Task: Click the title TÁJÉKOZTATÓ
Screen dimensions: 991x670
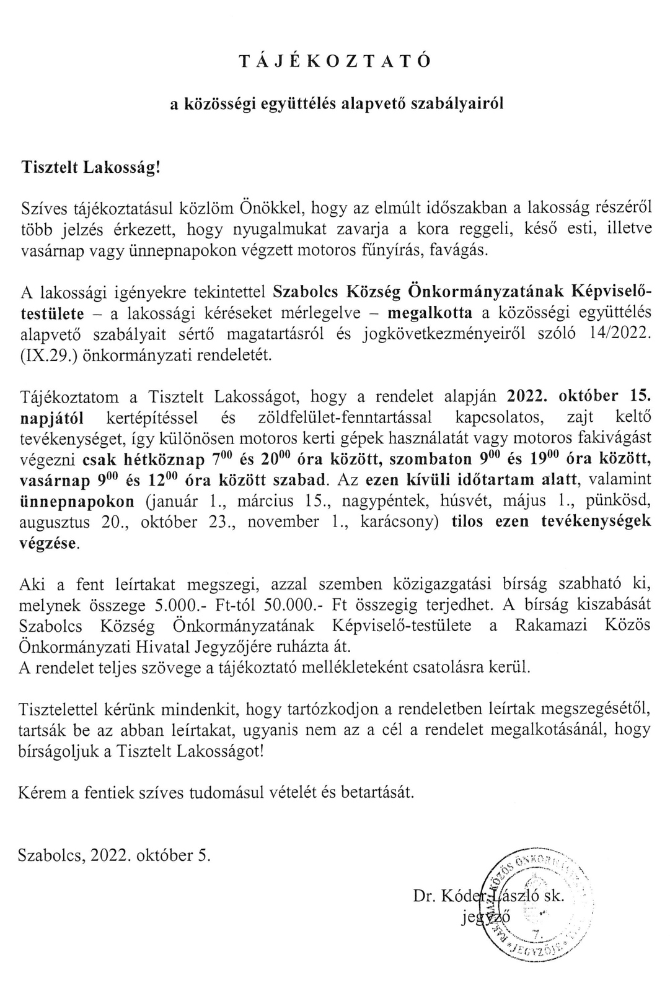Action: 335,61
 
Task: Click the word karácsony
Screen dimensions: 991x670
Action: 398,522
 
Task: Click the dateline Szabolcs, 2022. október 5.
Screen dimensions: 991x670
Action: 115,855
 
